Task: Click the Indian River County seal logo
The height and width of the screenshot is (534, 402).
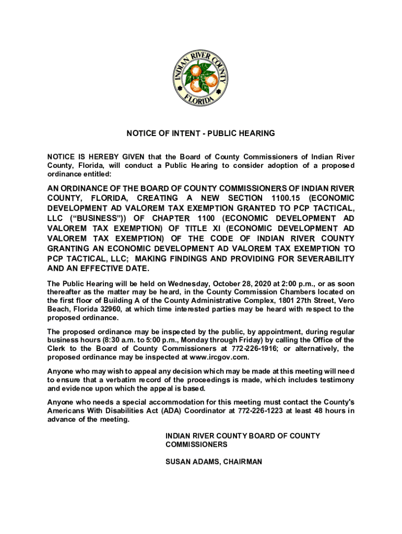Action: coord(200,78)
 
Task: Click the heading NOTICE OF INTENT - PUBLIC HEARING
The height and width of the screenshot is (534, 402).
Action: coord(200,133)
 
